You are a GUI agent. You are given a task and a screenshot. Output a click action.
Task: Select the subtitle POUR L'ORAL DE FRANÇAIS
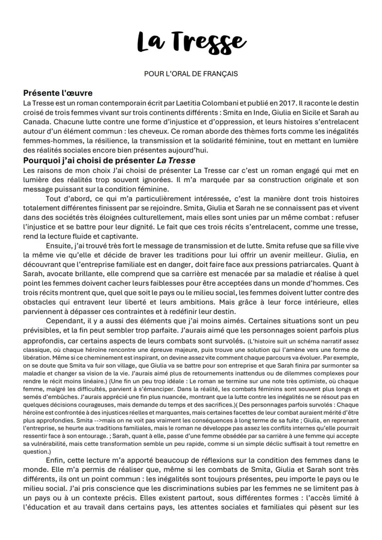coord(191,74)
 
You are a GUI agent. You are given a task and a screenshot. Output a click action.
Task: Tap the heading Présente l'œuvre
coord(58,93)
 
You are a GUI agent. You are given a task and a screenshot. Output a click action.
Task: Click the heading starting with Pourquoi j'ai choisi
coord(109,160)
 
